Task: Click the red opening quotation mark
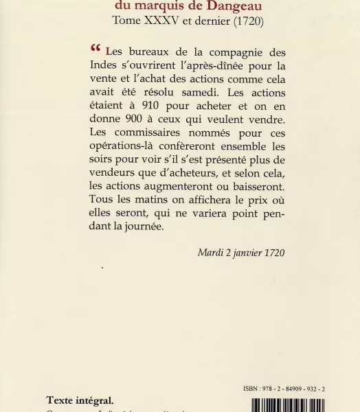pyautogui.click(x=95, y=49)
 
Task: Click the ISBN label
pyautogui.click(x=251, y=389)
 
